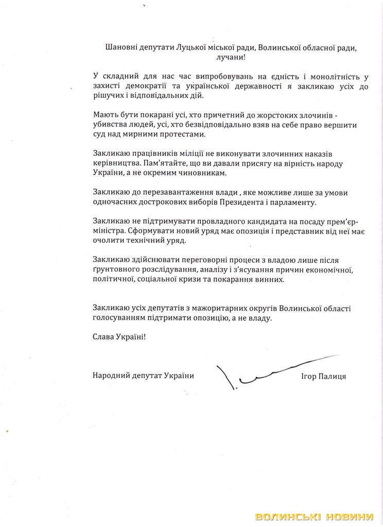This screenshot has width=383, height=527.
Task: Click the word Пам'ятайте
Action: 177,163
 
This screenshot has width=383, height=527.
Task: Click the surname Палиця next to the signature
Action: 333,376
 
